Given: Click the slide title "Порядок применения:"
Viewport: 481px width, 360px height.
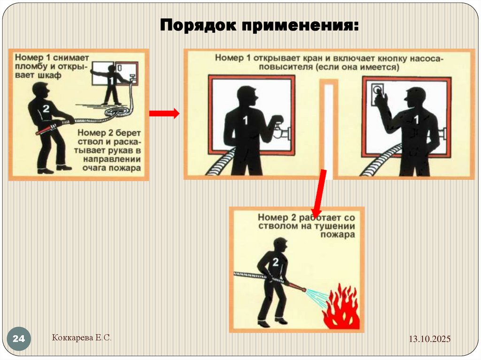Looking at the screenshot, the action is click(259, 25).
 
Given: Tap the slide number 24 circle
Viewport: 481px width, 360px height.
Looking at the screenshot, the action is click(19, 338).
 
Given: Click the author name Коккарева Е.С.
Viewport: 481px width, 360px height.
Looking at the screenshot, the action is click(82, 337).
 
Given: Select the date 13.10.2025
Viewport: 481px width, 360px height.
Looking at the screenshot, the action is click(429, 339).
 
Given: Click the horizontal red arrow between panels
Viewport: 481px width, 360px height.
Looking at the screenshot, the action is click(164, 113).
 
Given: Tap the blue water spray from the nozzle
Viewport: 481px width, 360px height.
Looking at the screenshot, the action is click(318, 295).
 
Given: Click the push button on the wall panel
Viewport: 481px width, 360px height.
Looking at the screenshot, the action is click(376, 90).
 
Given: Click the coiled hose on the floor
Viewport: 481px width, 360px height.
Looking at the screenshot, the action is click(117, 111).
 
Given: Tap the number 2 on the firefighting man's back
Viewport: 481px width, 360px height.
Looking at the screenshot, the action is click(275, 262).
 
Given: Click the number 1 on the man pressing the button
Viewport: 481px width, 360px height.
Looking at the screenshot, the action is click(416, 120).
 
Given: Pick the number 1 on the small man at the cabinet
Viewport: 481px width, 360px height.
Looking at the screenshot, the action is click(111, 81).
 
